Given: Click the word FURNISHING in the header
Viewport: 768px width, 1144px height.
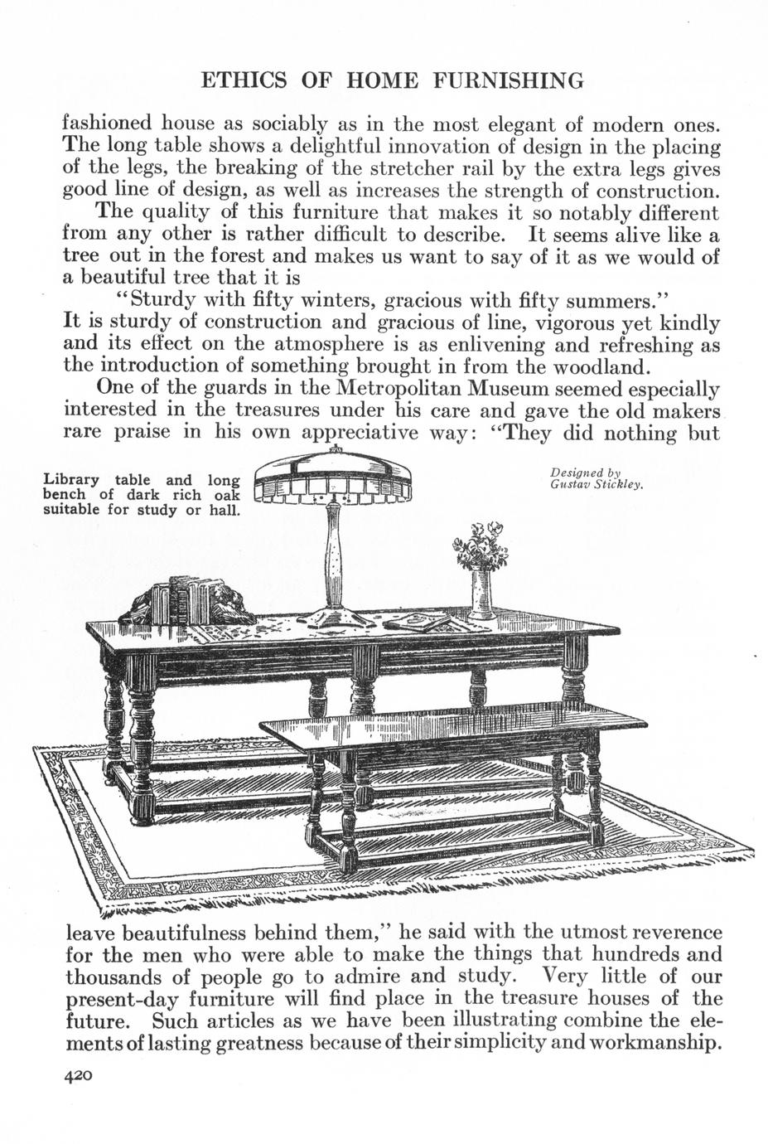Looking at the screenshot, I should pos(510,80).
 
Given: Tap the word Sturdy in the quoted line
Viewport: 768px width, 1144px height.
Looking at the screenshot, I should pos(165,299).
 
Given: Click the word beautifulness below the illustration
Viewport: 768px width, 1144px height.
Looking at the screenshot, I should pos(192,933).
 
